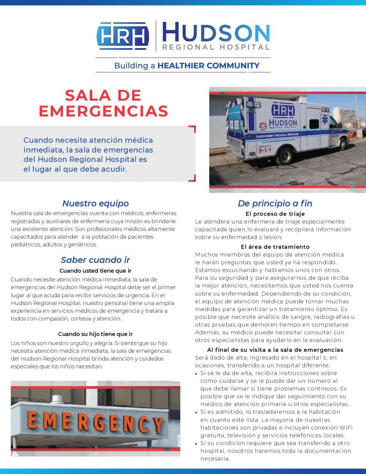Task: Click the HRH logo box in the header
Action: pyautogui.click(x=123, y=36)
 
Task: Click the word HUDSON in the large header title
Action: pyautogui.click(x=216, y=32)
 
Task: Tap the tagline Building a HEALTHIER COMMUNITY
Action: pyautogui.click(x=186, y=65)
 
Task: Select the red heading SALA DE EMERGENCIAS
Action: pyautogui.click(x=103, y=103)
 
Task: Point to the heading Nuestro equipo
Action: pyautogui.click(x=95, y=203)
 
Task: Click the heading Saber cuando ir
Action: pyautogui.click(x=95, y=260)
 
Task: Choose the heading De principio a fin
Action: pyautogui.click(x=275, y=203)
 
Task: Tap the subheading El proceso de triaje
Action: pyautogui.click(x=275, y=214)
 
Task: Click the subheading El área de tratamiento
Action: pyautogui.click(x=275, y=247)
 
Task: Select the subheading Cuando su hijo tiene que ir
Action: pyautogui.click(x=95, y=334)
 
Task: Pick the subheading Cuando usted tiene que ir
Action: pyautogui.click(x=95, y=270)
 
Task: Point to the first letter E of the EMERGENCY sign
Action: pyautogui.click(x=33, y=420)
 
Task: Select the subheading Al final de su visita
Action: pyautogui.click(x=275, y=349)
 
